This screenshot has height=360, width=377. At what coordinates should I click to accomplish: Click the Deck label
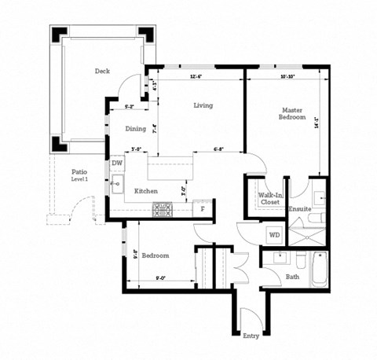click(102, 71)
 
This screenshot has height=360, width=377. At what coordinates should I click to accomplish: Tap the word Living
click(203, 105)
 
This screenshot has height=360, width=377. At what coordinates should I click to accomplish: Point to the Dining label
click(135, 130)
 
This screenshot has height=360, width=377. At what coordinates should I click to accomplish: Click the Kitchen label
click(146, 191)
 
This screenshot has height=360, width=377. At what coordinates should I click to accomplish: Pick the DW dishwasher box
click(117, 163)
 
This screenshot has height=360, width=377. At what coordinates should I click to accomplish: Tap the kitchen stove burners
click(163, 208)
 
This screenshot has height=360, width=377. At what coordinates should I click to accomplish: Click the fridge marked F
click(203, 209)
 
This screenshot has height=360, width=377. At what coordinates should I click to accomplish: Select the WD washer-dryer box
click(275, 234)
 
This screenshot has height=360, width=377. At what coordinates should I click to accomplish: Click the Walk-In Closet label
click(269, 199)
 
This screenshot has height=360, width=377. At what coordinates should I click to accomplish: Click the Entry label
click(251, 336)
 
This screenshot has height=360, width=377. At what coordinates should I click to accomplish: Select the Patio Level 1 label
click(79, 174)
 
